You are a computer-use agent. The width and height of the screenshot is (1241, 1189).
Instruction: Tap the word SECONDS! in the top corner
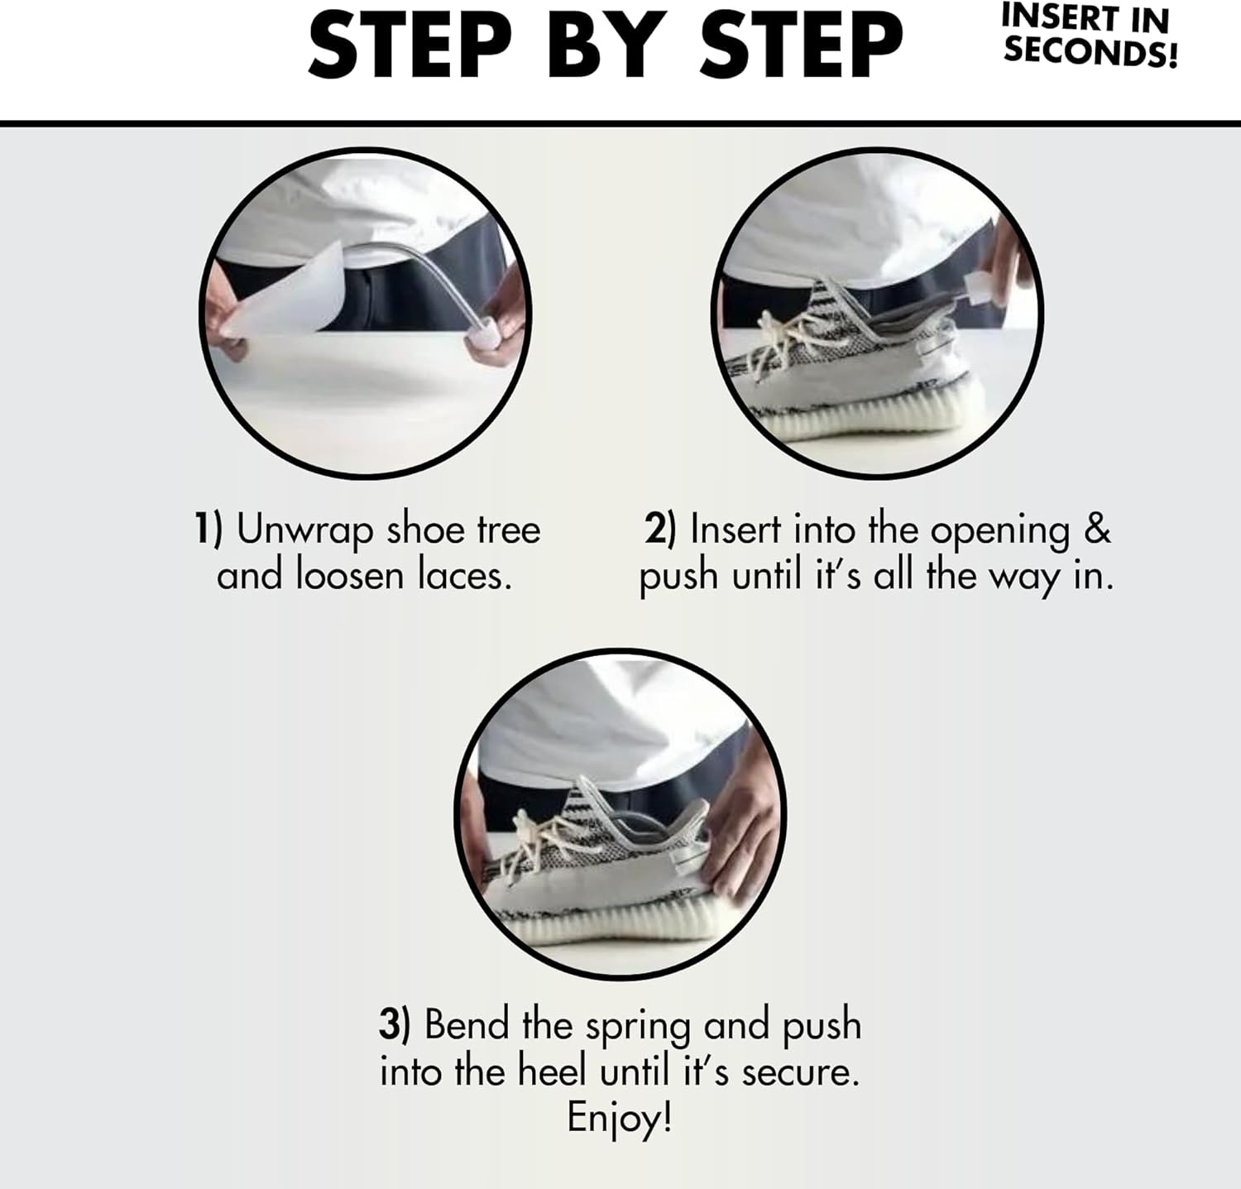point(1090,51)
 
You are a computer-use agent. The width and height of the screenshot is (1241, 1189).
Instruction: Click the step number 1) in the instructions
point(208,529)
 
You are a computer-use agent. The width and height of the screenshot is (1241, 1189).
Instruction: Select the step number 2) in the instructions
point(660,529)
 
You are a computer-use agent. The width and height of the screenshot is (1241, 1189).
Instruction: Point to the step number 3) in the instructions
point(395,1025)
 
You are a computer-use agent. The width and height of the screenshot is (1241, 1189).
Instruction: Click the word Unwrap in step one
point(304,530)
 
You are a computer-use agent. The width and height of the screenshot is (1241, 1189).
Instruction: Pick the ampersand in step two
point(1097,530)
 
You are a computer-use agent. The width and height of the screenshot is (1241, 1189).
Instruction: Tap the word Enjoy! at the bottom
point(620,1119)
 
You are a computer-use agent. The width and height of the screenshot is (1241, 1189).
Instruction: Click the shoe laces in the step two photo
point(786,339)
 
